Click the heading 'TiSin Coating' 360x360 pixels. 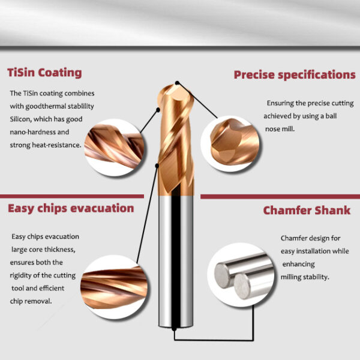click(x=44, y=73)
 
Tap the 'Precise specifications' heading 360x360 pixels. click(x=294, y=75)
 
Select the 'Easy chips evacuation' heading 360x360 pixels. click(x=71, y=208)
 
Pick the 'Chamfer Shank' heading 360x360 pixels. click(x=307, y=211)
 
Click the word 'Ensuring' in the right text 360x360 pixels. click(x=281, y=103)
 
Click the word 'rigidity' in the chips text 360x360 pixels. click(x=24, y=275)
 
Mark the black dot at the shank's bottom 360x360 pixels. click(x=175, y=329)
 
